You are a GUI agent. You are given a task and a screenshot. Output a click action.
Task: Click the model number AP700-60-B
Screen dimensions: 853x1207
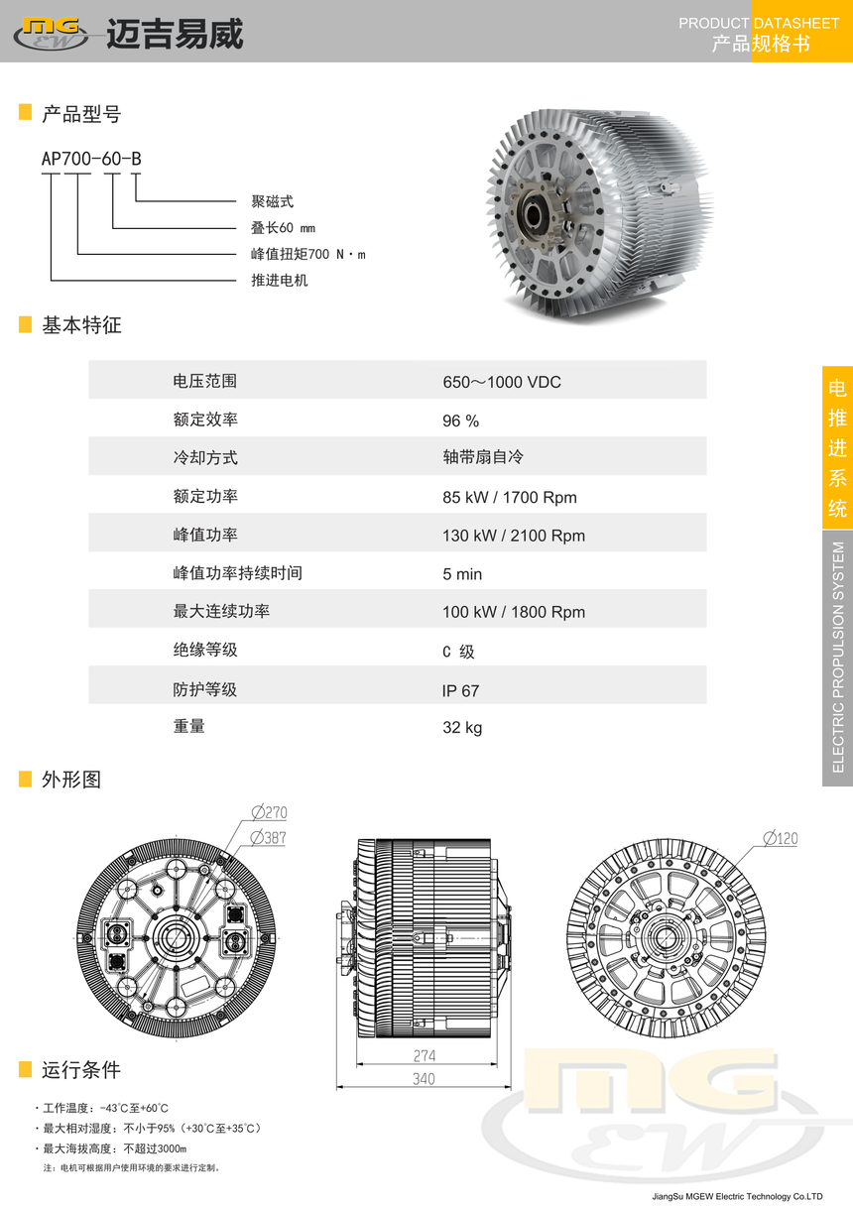click(x=91, y=159)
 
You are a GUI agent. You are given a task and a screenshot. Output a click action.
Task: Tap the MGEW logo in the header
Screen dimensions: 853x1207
click(x=52, y=34)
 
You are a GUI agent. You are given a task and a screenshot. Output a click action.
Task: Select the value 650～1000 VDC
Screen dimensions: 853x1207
click(x=502, y=382)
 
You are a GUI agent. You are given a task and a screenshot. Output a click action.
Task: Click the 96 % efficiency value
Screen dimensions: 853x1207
click(x=460, y=421)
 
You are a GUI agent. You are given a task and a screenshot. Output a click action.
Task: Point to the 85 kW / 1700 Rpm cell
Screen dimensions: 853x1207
click(x=510, y=497)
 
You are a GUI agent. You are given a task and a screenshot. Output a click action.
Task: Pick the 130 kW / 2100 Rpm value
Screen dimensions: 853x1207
click(x=514, y=536)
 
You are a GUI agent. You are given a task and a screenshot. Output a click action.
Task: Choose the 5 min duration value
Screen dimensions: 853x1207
click(x=462, y=574)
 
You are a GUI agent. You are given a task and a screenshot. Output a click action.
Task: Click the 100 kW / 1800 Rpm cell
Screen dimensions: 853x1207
click(x=514, y=612)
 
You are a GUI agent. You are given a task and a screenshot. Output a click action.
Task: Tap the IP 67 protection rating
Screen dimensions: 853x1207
click(x=460, y=691)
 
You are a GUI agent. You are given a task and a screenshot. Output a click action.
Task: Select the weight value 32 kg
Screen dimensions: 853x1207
click(x=462, y=727)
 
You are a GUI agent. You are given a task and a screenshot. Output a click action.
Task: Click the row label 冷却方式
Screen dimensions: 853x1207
click(x=205, y=458)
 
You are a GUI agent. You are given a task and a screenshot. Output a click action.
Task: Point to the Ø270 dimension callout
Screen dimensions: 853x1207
click(x=270, y=812)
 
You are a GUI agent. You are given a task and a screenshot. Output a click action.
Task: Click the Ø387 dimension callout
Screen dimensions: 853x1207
click(x=269, y=838)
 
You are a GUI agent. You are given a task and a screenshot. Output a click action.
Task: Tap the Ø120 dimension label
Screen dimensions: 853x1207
click(x=781, y=838)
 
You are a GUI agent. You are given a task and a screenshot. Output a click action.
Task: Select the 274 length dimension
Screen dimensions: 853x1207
click(x=425, y=1056)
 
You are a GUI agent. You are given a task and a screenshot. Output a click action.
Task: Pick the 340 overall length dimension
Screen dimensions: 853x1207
click(x=424, y=1079)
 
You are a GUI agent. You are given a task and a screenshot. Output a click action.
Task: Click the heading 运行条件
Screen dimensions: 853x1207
click(x=81, y=1070)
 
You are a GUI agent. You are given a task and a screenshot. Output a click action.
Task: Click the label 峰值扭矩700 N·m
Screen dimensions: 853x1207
click(x=308, y=254)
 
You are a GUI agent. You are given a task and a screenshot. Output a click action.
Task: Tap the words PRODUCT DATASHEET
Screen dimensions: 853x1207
click(x=759, y=23)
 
